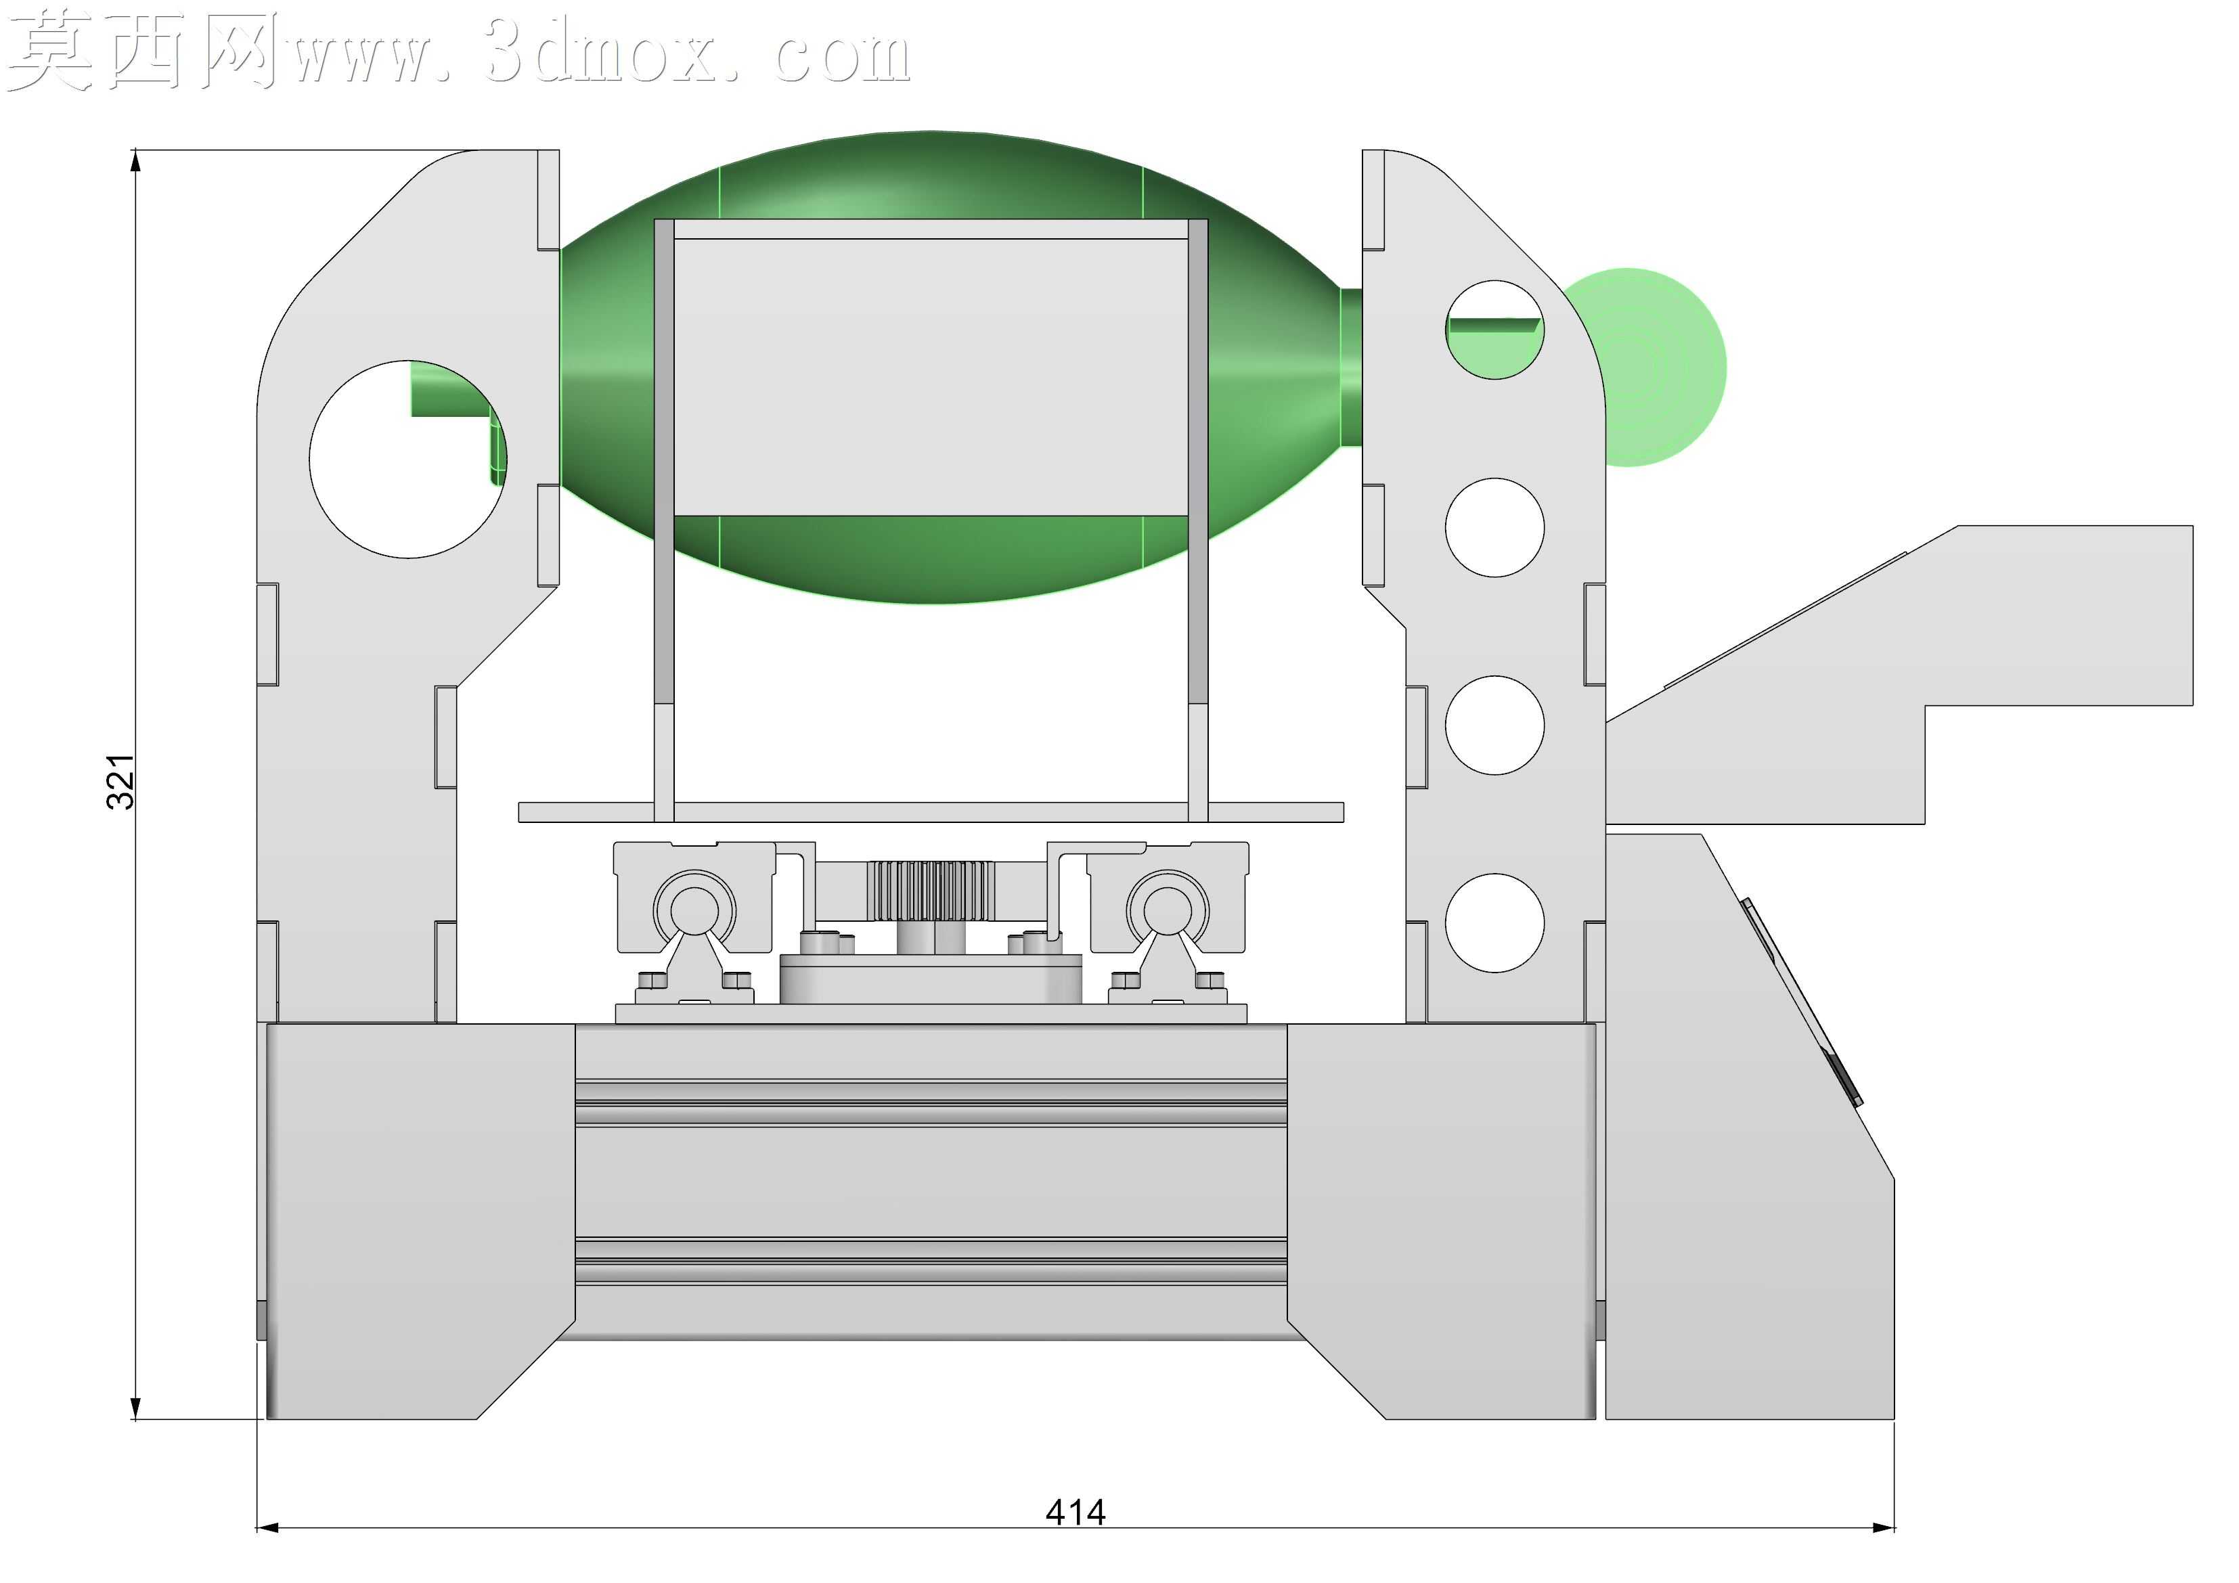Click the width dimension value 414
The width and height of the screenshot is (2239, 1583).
(x=1076, y=1513)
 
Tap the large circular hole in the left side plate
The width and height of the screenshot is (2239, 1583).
(x=407, y=460)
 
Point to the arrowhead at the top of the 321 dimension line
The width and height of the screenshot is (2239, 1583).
(x=135, y=162)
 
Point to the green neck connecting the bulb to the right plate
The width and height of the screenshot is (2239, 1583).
(x=1352, y=367)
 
